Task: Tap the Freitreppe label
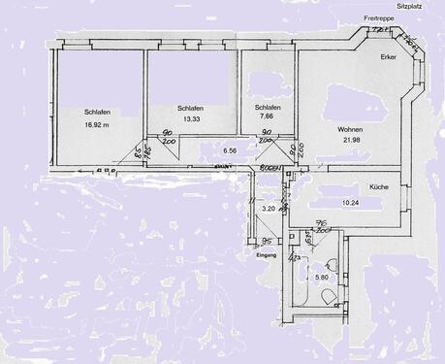tap(379, 18)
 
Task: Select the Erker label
tap(389, 58)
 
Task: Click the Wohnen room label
tap(350, 129)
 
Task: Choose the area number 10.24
tap(378, 202)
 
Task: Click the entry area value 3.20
tap(270, 209)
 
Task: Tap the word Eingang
tap(267, 255)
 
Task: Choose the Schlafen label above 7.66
tap(269, 107)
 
